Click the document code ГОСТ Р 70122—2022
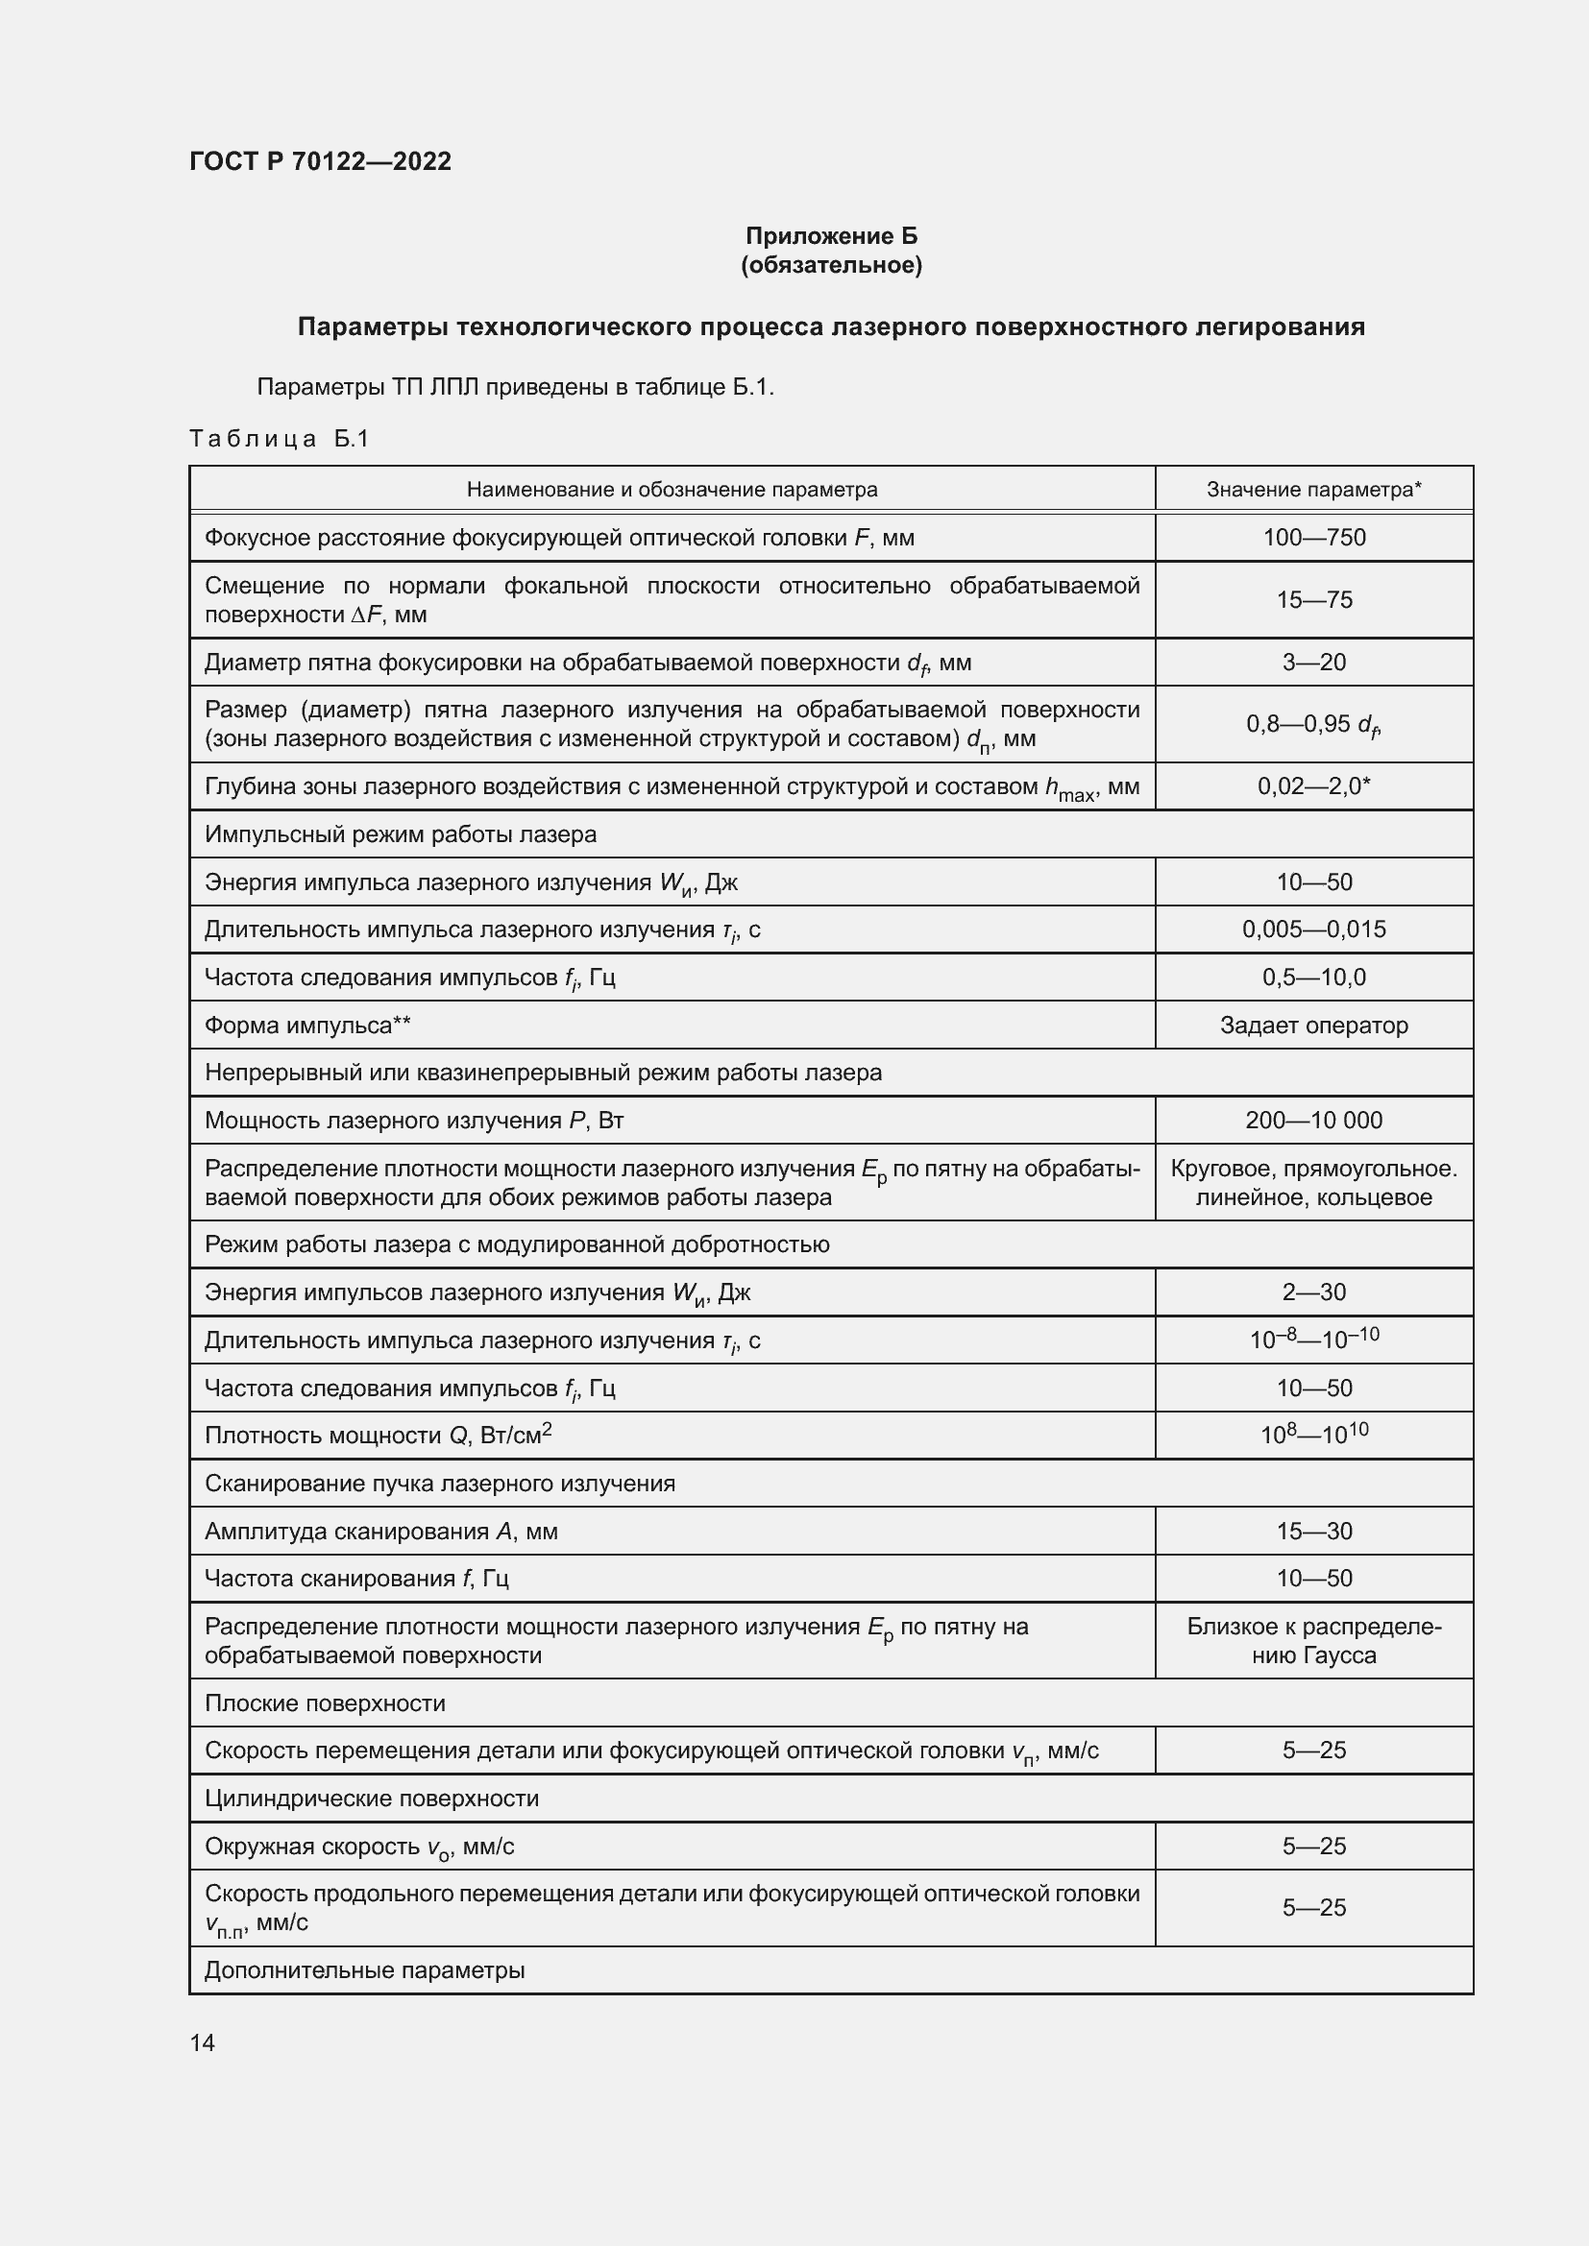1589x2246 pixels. click(320, 161)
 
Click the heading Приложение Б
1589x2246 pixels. click(831, 236)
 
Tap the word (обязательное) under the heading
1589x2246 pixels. click(831, 265)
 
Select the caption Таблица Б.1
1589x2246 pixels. click(279, 438)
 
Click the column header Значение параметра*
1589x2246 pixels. click(1313, 489)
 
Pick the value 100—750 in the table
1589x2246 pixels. click(1313, 537)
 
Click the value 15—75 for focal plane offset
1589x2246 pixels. click(1313, 599)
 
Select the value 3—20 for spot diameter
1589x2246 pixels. click(1313, 663)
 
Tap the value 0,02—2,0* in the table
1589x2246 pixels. click(1313, 785)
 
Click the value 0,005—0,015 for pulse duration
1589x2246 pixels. click(1313, 929)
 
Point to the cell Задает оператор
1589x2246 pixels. click(1313, 1026)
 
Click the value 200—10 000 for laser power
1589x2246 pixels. click(1313, 1120)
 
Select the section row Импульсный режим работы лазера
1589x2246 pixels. click(401, 834)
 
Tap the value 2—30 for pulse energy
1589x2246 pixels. click(1313, 1292)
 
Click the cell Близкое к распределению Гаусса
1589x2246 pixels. click(1313, 1640)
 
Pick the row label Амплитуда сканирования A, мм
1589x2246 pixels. click(380, 1531)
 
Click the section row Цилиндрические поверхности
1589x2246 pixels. click(371, 1798)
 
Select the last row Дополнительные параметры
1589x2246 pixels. click(364, 1970)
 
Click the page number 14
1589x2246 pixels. click(203, 2042)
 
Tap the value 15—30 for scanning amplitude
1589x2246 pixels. click(1313, 1531)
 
